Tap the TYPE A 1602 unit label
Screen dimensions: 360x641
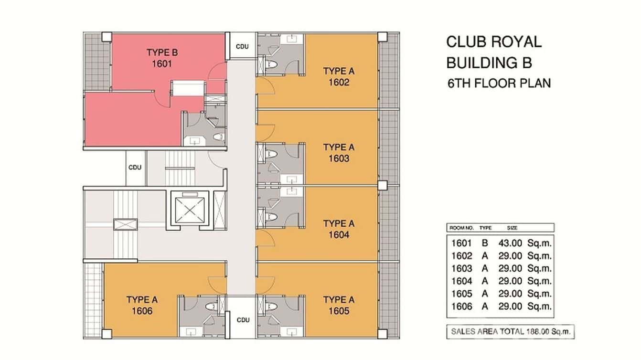(339, 77)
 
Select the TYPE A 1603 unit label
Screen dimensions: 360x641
(339, 153)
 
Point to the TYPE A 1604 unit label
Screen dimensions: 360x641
(339, 229)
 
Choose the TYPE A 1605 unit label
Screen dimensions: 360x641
(339, 306)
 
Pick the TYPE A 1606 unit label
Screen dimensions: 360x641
(142, 306)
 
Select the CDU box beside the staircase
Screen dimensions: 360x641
(135, 168)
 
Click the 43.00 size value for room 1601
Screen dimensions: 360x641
(510, 243)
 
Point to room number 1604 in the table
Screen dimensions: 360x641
(461, 281)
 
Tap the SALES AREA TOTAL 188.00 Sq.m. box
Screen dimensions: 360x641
(510, 331)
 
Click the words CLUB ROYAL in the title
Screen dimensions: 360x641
(494, 42)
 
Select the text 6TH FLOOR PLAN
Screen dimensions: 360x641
(499, 83)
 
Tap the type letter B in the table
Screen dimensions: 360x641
(485, 243)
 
